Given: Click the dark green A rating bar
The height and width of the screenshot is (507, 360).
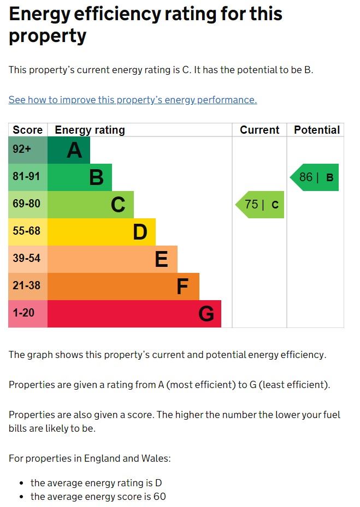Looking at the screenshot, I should coord(69,150).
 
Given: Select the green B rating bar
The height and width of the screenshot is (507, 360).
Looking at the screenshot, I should coord(80,177).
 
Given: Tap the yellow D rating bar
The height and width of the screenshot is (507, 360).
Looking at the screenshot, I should coord(102,232).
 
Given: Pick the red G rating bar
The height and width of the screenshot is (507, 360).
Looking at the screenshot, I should coord(134,314).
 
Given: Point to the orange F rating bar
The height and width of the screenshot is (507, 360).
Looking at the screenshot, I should coord(123,287).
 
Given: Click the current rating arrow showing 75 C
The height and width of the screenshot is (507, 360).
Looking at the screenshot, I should coord(261,205).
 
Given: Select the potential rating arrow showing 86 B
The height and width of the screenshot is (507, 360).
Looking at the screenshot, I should coord(315,177).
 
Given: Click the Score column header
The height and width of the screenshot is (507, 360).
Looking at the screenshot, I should coord(27,130).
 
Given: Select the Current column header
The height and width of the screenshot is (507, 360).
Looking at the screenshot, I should coord(259,130).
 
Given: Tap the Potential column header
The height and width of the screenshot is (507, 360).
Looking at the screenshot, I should coord(317,130).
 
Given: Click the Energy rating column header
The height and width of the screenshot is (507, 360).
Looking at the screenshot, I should coord(90,130).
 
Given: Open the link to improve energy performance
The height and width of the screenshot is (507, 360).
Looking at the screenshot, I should coord(132,100).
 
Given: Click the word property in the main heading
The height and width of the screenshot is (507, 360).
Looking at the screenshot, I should coord(48,37).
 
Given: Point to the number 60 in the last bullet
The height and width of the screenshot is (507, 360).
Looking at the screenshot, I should coord(160,497).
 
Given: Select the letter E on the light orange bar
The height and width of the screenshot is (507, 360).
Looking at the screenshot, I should coord(161,260).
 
